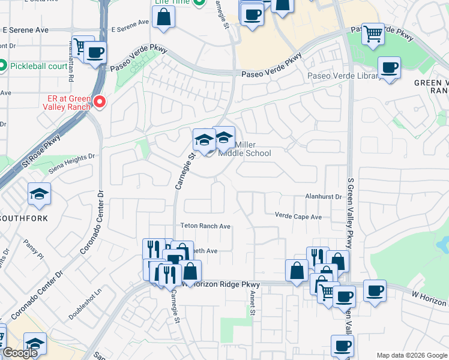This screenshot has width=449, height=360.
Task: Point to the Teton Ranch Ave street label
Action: pyautogui.click(x=206, y=226)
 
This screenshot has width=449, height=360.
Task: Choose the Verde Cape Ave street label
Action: pyautogui.click(x=298, y=216)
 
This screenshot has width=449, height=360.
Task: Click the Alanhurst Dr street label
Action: pyautogui.click(x=323, y=196)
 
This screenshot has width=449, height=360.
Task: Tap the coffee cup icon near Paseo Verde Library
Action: pyautogui.click(x=389, y=68)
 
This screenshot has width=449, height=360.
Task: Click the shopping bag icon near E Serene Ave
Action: pyautogui.click(x=164, y=17)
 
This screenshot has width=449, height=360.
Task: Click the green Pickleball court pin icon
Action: pyautogui.click(x=2, y=65)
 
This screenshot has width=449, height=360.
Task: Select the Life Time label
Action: pyautogui.click(x=169, y=2)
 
